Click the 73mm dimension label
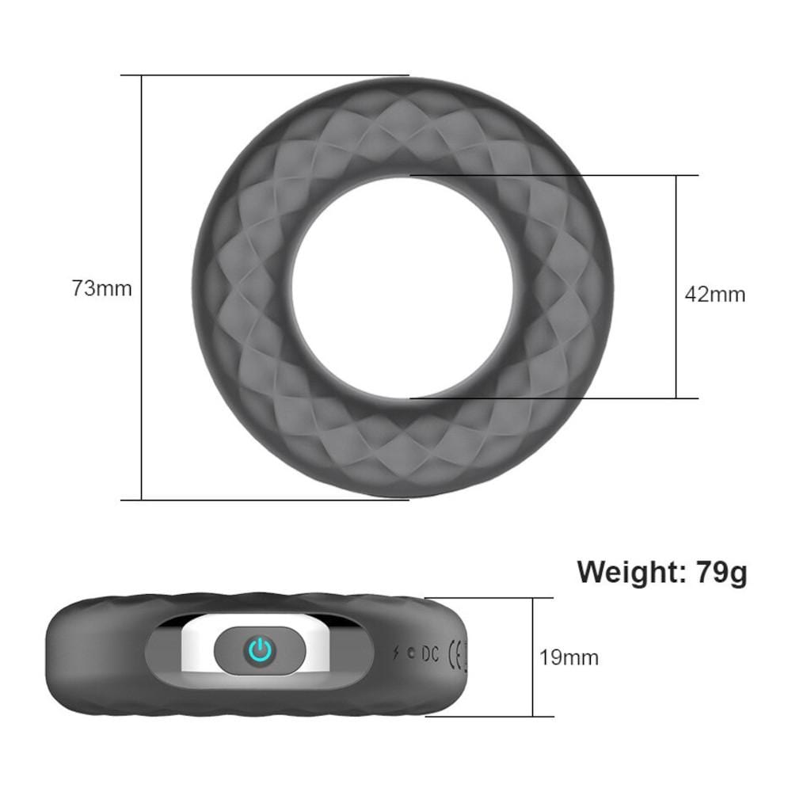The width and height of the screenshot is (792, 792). tap(101, 288)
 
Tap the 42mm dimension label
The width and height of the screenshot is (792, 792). tap(714, 295)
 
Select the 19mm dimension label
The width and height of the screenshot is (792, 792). tap(569, 657)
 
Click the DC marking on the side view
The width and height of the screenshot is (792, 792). tap(430, 653)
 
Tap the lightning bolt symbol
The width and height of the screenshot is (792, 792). tap(396, 653)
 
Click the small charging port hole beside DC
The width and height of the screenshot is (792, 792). tap(410, 653)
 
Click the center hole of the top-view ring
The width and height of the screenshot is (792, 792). tap(402, 287)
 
